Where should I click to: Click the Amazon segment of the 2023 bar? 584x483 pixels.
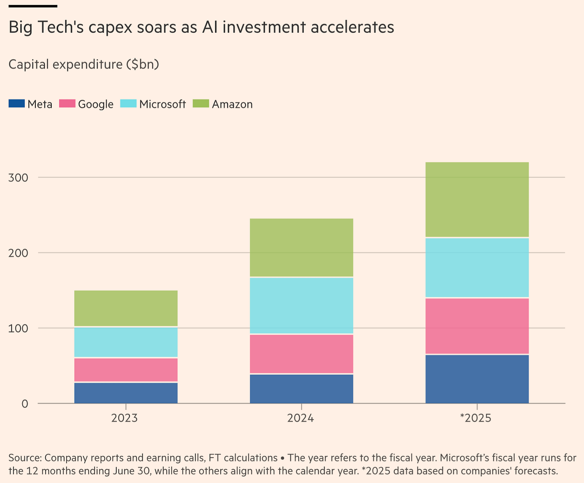click(126, 308)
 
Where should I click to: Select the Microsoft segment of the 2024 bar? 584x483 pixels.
click(301, 305)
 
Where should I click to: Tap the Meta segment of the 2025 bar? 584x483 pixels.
click(477, 379)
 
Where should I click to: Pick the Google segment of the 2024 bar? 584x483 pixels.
click(301, 354)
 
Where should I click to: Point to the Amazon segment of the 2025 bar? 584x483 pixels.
click(477, 200)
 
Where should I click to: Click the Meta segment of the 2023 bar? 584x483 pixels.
click(126, 393)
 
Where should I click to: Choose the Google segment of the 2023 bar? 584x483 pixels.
click(126, 370)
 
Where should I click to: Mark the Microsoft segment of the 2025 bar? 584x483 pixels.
click(477, 268)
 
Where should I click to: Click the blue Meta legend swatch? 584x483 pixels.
click(16, 104)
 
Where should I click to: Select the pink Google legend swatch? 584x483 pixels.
click(67, 104)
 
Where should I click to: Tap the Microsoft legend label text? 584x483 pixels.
click(162, 104)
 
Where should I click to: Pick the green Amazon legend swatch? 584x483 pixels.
click(201, 104)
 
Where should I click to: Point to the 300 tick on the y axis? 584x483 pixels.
click(18, 177)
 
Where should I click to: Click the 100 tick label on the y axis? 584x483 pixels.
click(18, 328)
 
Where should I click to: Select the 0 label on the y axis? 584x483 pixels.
click(25, 404)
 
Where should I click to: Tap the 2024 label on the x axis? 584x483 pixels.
click(300, 418)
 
